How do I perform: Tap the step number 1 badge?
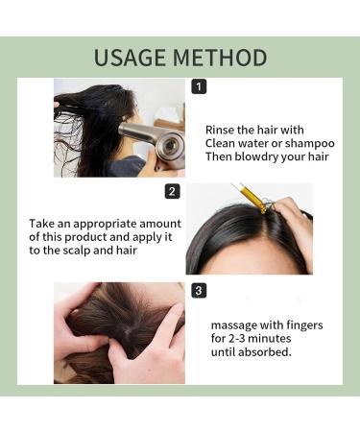point(199,86)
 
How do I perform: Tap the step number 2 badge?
point(173,191)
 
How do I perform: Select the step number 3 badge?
point(199,290)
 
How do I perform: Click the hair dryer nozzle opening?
point(173,147)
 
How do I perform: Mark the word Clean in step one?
point(225,144)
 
